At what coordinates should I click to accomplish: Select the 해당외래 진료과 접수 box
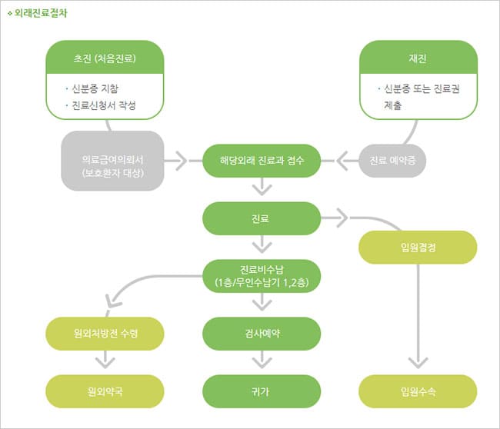click(262, 161)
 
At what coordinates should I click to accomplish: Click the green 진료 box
click(262, 218)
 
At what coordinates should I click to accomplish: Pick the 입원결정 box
click(418, 247)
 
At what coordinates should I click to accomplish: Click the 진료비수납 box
click(262, 275)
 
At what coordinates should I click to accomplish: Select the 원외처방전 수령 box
click(105, 332)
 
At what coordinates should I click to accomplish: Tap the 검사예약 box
click(262, 332)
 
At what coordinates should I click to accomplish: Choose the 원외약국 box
click(105, 391)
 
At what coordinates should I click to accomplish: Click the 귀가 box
click(262, 391)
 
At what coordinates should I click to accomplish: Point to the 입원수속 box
click(418, 391)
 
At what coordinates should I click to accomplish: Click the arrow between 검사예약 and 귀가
click(262, 360)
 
